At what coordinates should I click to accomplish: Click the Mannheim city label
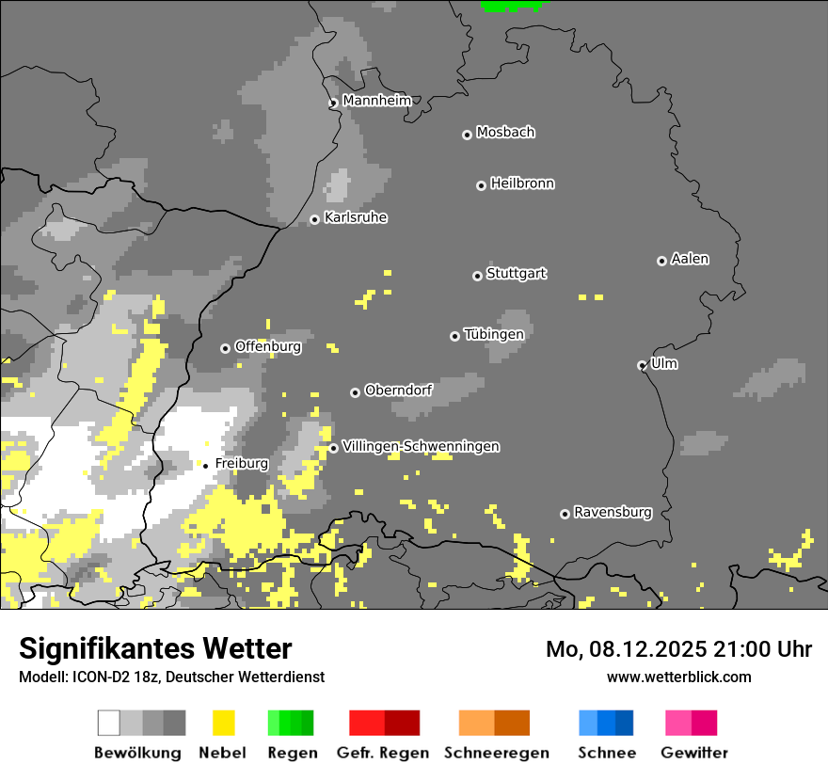click(376, 101)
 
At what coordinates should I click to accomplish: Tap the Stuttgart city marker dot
click(477, 276)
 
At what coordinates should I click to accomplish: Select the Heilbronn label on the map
click(522, 183)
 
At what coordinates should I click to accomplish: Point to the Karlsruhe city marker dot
click(315, 220)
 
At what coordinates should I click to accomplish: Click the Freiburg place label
click(242, 464)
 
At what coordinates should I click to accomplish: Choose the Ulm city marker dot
click(643, 365)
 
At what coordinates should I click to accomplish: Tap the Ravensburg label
click(613, 513)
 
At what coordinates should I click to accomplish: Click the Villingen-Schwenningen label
click(421, 447)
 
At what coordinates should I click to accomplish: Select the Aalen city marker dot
click(661, 261)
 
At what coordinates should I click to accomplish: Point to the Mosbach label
click(505, 133)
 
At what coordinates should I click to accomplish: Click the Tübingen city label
click(494, 334)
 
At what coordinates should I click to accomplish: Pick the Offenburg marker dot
click(225, 348)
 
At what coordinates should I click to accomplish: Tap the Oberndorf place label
click(398, 390)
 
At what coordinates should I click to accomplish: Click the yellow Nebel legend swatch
click(223, 723)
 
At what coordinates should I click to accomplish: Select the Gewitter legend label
click(694, 753)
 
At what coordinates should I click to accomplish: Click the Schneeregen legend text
click(496, 753)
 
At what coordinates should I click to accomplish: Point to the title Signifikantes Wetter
click(155, 648)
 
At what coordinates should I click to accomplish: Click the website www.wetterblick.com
click(678, 677)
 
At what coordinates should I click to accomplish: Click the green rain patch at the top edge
click(512, 5)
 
